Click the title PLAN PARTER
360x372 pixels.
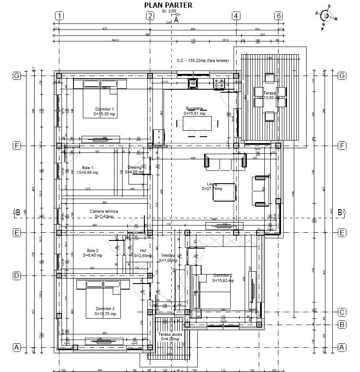coord(168,5)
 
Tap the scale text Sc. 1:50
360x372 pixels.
coord(169,11)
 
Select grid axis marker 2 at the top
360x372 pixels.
coord(150,16)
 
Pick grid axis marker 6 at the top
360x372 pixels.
coord(279,16)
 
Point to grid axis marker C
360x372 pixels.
coord(341,311)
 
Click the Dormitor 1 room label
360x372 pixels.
coord(104,109)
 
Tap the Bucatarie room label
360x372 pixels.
coord(194,108)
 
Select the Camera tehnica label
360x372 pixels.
coord(103,211)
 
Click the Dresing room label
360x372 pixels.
coord(134,167)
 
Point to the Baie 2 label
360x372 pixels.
coord(93,250)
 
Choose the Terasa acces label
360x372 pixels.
coord(170,334)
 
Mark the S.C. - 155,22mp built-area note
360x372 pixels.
coord(202,61)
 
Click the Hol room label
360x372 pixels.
coord(143,251)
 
